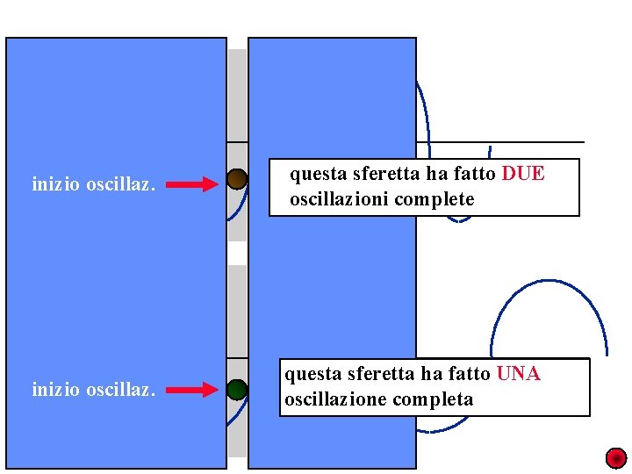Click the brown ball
tap(237, 180)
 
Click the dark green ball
tap(237, 389)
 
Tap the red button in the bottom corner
tap(616, 458)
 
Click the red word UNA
tap(518, 374)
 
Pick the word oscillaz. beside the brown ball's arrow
tap(120, 184)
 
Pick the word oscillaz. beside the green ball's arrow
tap(120, 389)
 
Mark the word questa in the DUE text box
tap(312, 174)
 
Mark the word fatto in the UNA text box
tap(469, 374)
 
